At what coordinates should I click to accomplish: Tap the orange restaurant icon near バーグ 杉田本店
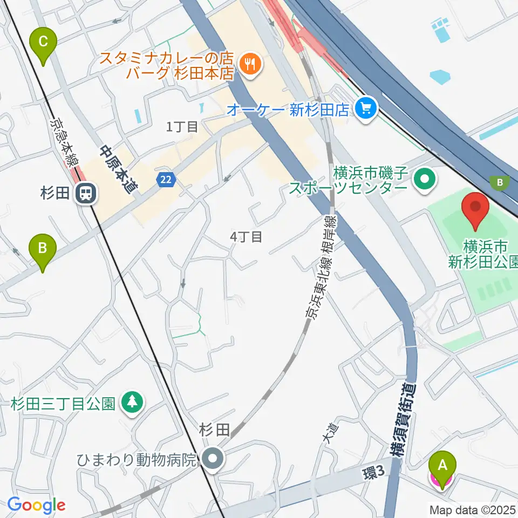tap(249, 64)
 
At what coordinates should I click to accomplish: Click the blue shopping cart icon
tap(365, 110)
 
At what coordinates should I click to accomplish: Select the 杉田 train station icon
tap(85, 193)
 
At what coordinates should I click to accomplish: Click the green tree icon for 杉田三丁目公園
tap(132, 403)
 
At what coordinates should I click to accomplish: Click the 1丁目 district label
tap(182, 127)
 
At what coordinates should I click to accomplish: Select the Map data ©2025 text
tap(472, 509)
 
